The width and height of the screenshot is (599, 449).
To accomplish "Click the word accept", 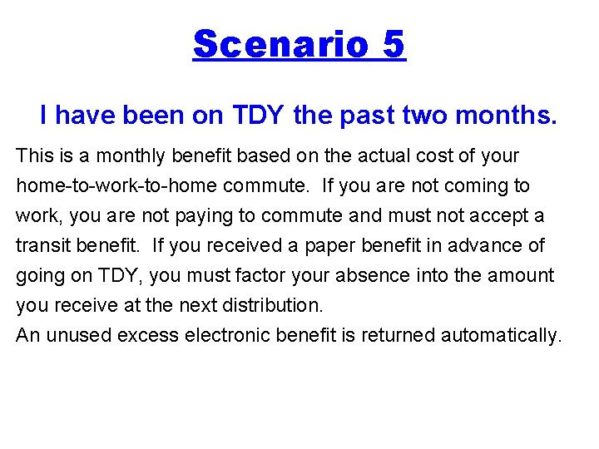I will pos(496,216).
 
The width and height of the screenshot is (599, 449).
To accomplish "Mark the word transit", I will pos(41,246).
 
